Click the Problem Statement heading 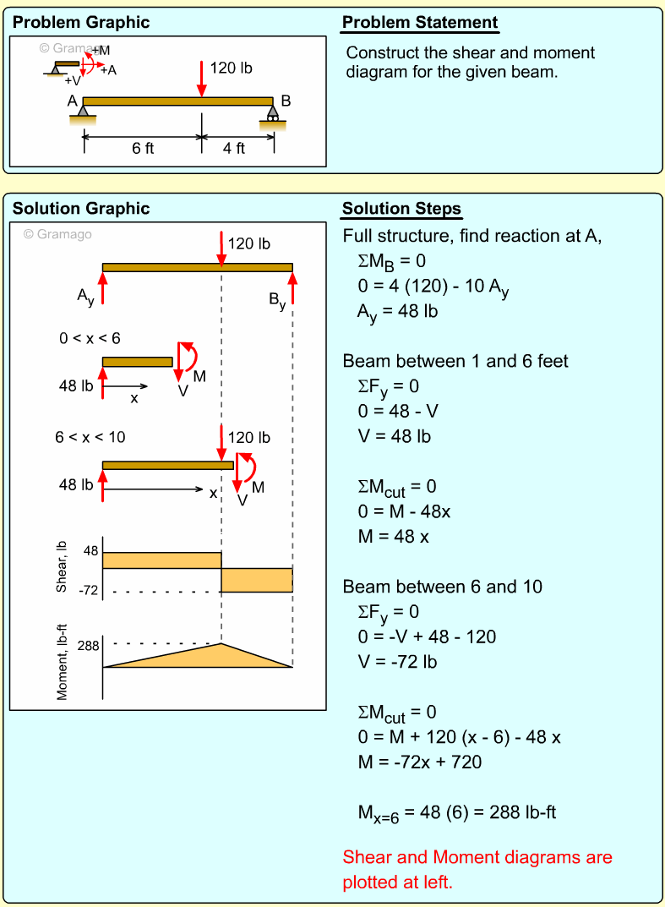point(420,23)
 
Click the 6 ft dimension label point(143,148)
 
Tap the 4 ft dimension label point(234,148)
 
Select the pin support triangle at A point(82,110)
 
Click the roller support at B point(273,112)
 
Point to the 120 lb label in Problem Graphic point(231,68)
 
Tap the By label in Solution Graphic point(277,300)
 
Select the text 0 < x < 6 point(90,338)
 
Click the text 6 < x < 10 point(90,437)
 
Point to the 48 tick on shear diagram point(90,551)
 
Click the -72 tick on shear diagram point(89,590)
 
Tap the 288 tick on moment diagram point(89,645)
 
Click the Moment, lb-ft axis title point(62,664)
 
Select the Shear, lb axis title point(62,567)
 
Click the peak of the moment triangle point(221,644)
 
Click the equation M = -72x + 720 point(419,762)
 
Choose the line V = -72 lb point(397,661)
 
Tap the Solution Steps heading point(401,209)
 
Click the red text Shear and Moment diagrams point(477,857)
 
